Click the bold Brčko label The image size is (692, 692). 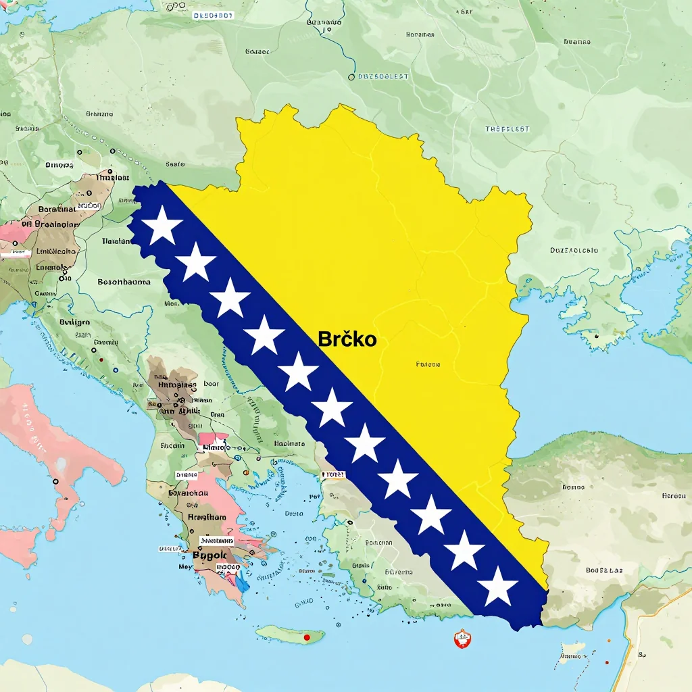click(347, 339)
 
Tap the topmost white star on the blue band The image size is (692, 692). click(162, 226)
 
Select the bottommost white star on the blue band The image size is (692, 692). click(498, 587)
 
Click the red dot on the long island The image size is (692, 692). click(307, 637)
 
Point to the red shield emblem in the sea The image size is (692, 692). click(462, 638)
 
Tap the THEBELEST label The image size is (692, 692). click(507, 129)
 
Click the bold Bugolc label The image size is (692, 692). click(212, 555)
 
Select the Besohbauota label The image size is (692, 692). click(124, 282)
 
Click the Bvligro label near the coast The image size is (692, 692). click(74, 322)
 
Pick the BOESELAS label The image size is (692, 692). click(603, 570)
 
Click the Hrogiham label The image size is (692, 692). click(207, 517)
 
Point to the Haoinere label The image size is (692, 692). click(289, 444)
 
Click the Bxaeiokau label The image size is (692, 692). click(188, 493)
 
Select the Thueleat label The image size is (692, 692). click(112, 178)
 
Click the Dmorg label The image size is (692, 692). click(59, 164)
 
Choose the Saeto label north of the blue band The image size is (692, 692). click(175, 164)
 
